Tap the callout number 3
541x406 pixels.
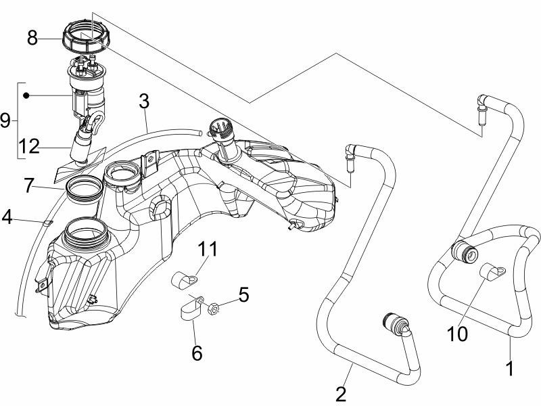click(143, 101)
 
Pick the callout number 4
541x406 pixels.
click(6, 217)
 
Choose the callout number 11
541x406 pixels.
click(208, 250)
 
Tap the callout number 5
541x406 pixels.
click(243, 294)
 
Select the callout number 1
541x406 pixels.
click(510, 369)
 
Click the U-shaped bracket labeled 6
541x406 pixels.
click(190, 311)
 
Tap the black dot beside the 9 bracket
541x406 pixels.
click(26, 96)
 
